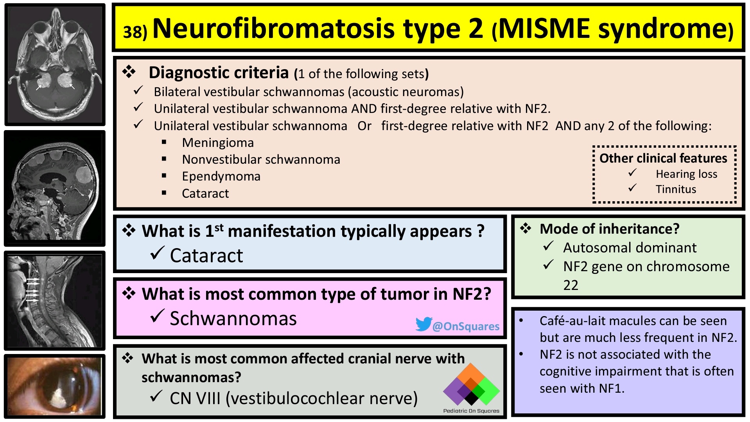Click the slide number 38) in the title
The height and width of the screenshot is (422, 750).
pos(135,32)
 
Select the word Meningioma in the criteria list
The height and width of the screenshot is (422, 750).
pos(218,143)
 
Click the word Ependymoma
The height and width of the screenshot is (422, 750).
pos(221,176)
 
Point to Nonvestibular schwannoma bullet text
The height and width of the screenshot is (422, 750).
pos(261,159)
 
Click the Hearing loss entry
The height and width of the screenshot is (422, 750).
pos(686,174)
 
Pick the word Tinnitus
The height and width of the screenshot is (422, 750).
pos(676,189)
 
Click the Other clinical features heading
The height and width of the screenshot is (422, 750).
pos(663,158)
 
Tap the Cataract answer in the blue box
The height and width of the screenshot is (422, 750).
pos(206,256)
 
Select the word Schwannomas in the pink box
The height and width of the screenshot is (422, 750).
pos(233,318)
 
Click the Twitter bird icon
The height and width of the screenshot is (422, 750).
pos(423,324)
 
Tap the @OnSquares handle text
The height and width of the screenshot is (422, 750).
pos(466,326)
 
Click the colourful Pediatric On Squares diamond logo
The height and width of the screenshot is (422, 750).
pos(471,385)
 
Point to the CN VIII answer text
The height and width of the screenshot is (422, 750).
pos(294,398)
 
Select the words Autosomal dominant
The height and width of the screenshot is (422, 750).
pos(630,248)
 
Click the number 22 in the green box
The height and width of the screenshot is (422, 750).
pos(571,285)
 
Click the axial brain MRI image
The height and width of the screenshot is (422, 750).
pos(55,64)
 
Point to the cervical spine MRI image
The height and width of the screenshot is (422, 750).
pos(55,300)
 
